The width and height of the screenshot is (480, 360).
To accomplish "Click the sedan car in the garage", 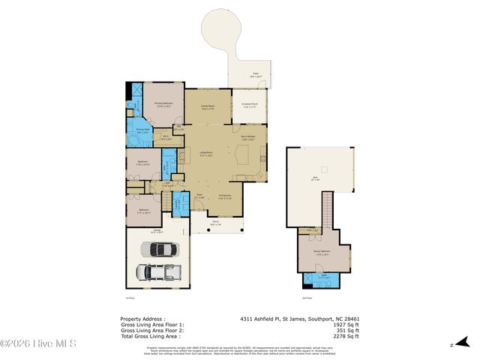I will (x=164, y=248).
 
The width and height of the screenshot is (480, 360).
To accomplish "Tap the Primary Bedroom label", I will (x=163, y=104).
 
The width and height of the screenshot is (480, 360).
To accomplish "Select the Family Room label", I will (x=208, y=107).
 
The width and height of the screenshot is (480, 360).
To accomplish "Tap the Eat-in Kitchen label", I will (x=250, y=137).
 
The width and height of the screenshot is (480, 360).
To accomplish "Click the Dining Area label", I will (x=225, y=196).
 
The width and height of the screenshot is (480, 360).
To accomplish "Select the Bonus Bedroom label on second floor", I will (x=324, y=253).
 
